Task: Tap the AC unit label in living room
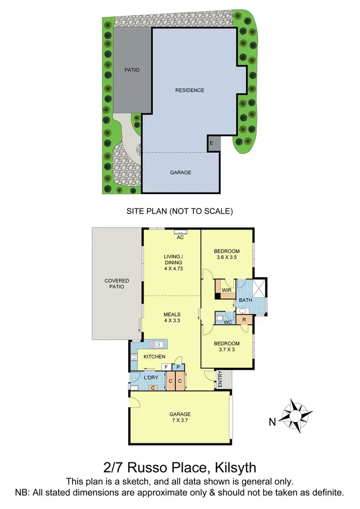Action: [180, 237]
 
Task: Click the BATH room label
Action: [245, 300]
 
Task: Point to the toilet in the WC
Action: [220, 317]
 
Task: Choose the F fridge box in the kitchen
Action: [166, 367]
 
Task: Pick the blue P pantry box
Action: [178, 367]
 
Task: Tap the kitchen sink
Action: [157, 344]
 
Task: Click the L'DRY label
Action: [151, 378]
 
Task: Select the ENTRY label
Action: [220, 379]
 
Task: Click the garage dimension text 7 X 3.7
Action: [180, 421]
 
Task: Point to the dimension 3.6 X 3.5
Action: [227, 258]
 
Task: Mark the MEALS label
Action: [171, 315]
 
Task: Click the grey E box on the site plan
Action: [211, 143]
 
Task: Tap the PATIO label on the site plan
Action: [132, 70]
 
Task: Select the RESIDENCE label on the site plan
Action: [190, 90]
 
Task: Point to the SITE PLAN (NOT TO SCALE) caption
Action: [180, 211]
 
